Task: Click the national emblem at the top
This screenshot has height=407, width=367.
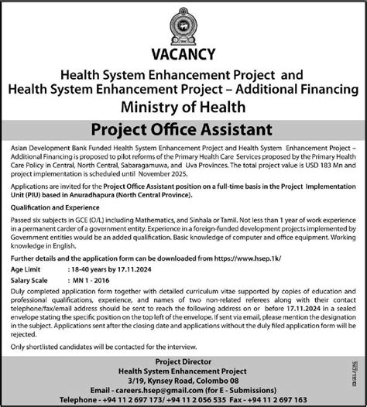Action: click(183, 22)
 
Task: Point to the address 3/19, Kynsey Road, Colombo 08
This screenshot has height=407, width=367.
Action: click(183, 379)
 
